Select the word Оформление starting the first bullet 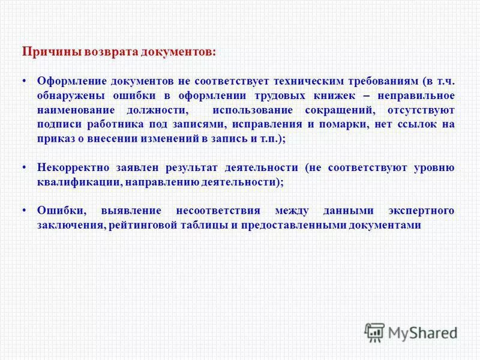tap(72, 80)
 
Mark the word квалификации tap(71, 182)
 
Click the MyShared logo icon tap(374, 331)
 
